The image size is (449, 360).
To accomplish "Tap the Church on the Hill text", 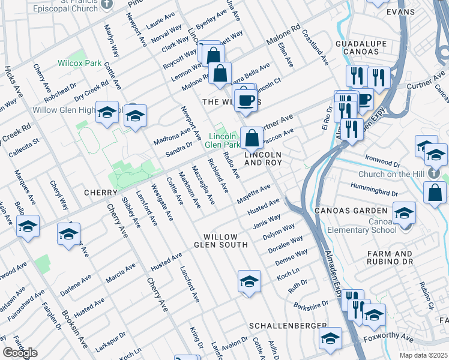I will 391,175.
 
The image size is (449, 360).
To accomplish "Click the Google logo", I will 20,353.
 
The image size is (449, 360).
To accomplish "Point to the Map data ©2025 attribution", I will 423,355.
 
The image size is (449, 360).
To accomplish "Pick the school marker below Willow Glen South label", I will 249,281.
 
